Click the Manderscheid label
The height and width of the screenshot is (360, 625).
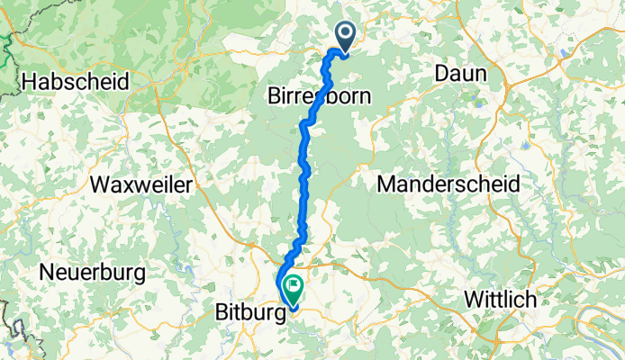pos(448,184)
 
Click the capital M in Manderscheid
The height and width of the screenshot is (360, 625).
pos(385,184)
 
